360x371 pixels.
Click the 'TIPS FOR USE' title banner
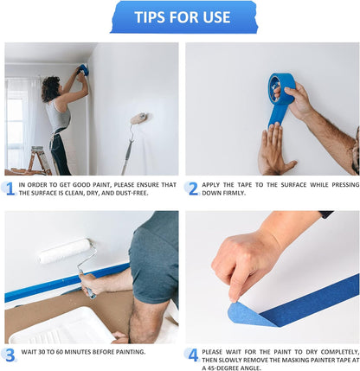(182, 17)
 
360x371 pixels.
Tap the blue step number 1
(10, 188)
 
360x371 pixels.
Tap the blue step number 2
(192, 188)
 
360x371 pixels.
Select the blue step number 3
(10, 353)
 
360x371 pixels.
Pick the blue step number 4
(192, 354)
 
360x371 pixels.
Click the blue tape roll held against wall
(281, 91)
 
